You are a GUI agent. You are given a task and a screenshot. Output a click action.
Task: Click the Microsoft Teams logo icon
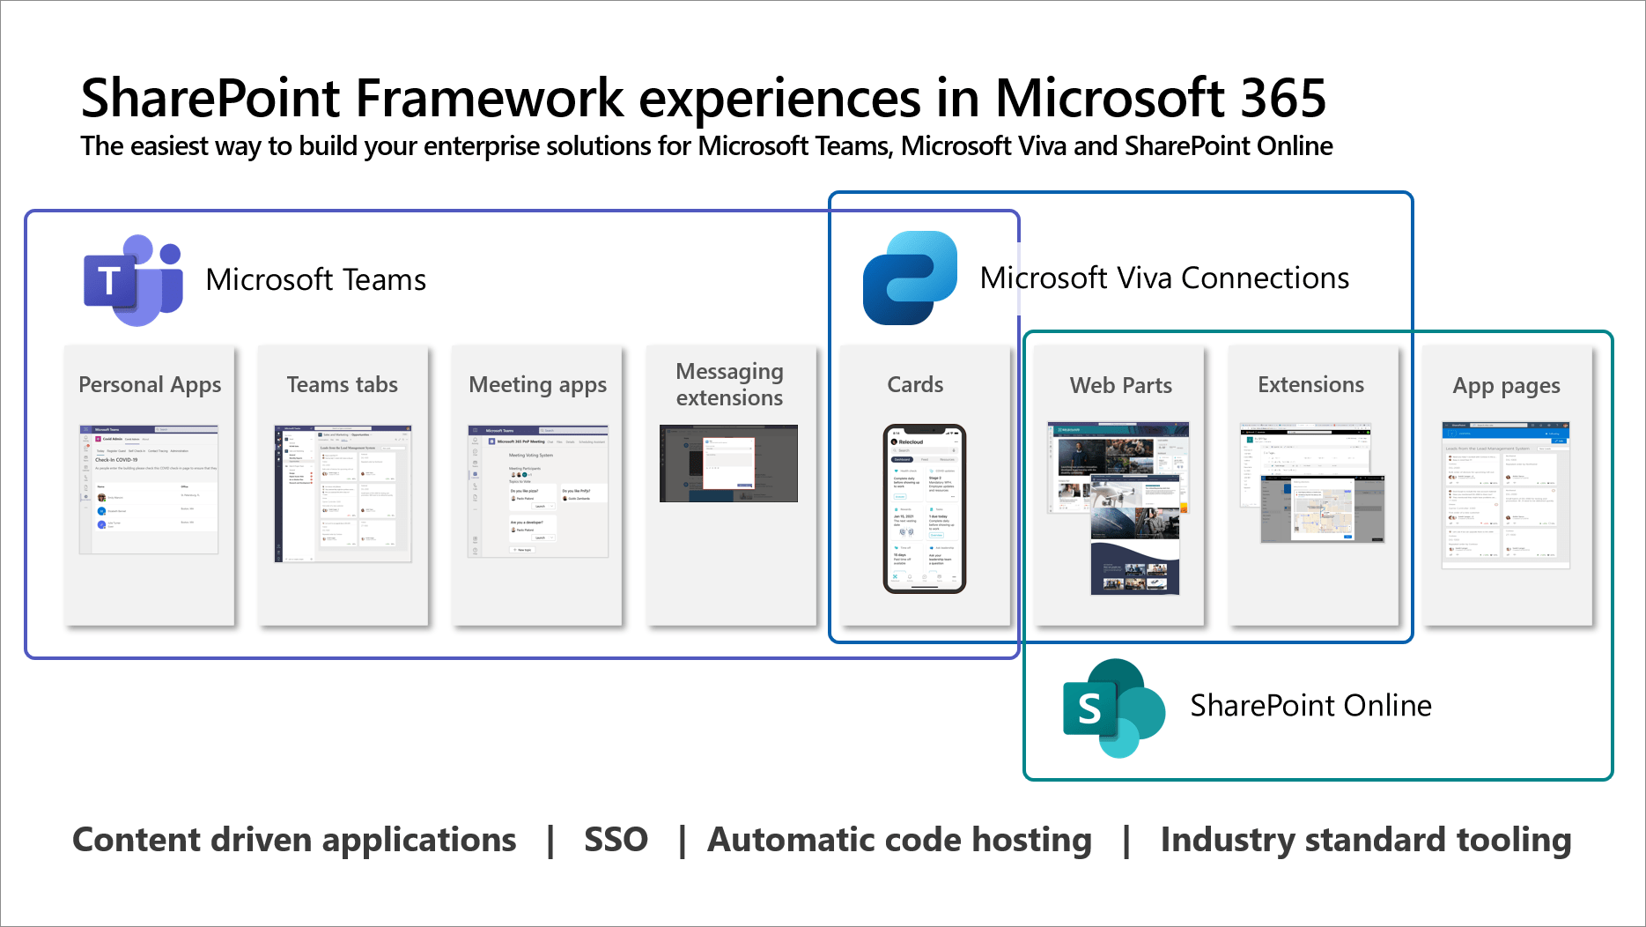tap(133, 280)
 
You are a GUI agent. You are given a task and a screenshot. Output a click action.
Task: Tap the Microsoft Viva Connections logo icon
tap(910, 278)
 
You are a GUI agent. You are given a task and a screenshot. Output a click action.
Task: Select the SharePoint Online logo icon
tap(1113, 708)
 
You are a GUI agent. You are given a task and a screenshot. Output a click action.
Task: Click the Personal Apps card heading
tap(150, 385)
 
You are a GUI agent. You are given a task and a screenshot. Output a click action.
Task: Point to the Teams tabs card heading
tap(343, 385)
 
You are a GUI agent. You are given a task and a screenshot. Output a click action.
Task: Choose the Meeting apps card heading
tap(537, 385)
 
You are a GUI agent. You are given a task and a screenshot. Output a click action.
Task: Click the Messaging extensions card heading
tap(729, 384)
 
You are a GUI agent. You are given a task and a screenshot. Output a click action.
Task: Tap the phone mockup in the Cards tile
tap(924, 508)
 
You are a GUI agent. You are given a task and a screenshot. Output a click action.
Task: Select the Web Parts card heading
tap(1120, 385)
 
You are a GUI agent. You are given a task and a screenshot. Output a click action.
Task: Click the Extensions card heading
tap(1310, 385)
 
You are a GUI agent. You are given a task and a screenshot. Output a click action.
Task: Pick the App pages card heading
tap(1506, 386)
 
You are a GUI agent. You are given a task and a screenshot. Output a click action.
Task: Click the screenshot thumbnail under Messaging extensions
tap(728, 463)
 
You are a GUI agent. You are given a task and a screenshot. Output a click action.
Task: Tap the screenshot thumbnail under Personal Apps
tap(149, 489)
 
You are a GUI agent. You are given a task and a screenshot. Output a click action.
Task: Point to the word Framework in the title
tap(489, 98)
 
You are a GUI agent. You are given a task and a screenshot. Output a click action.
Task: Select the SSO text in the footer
tap(616, 840)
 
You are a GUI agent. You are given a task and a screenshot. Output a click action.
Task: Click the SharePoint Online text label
tap(1310, 706)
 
